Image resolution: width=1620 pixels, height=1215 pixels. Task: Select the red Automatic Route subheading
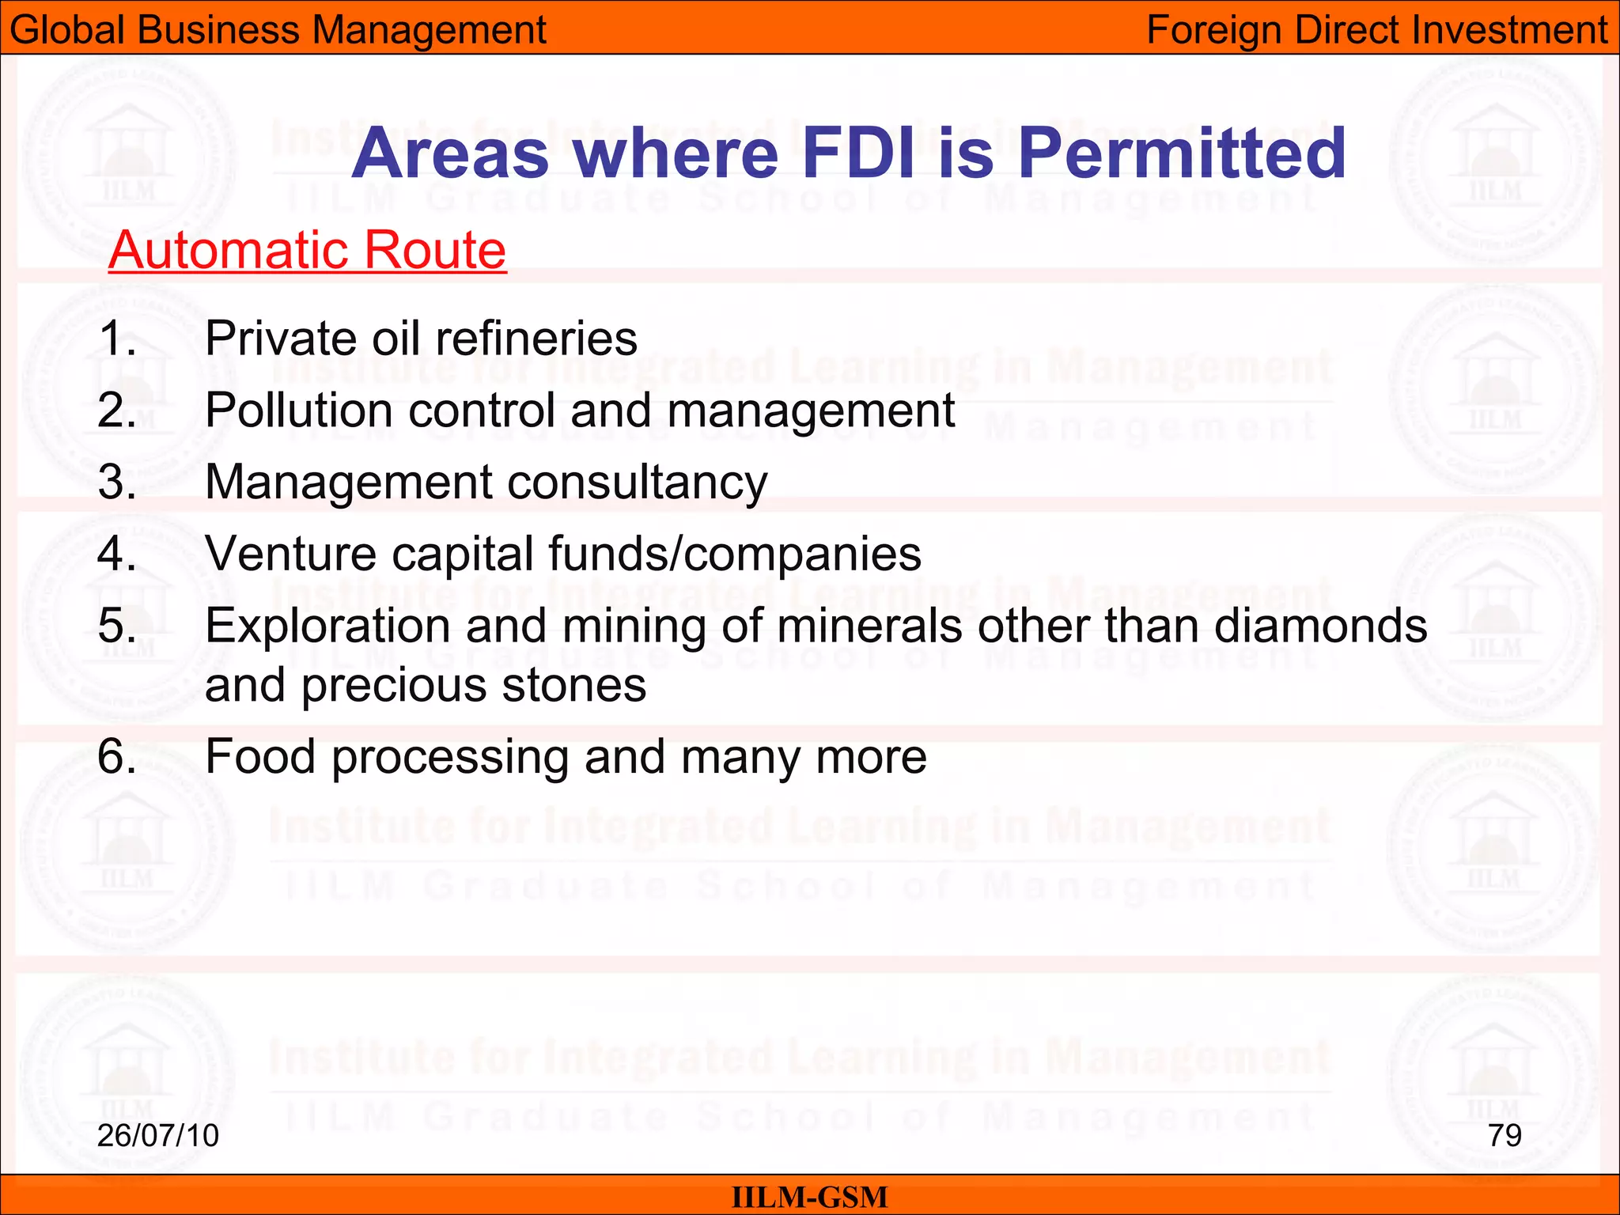pos(307,250)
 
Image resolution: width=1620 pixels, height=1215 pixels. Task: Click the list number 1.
pos(117,339)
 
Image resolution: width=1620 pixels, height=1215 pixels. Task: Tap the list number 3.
pos(117,482)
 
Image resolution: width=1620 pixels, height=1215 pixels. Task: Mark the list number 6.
pos(117,756)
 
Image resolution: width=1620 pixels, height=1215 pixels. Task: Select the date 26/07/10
pos(158,1135)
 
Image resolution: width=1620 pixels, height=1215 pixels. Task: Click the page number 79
pos(1505,1135)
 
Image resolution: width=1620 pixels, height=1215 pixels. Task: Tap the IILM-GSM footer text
pos(809,1197)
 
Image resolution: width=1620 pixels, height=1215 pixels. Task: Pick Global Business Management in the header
pos(278,30)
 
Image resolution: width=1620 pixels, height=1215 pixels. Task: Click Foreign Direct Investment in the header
pos(1377,30)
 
